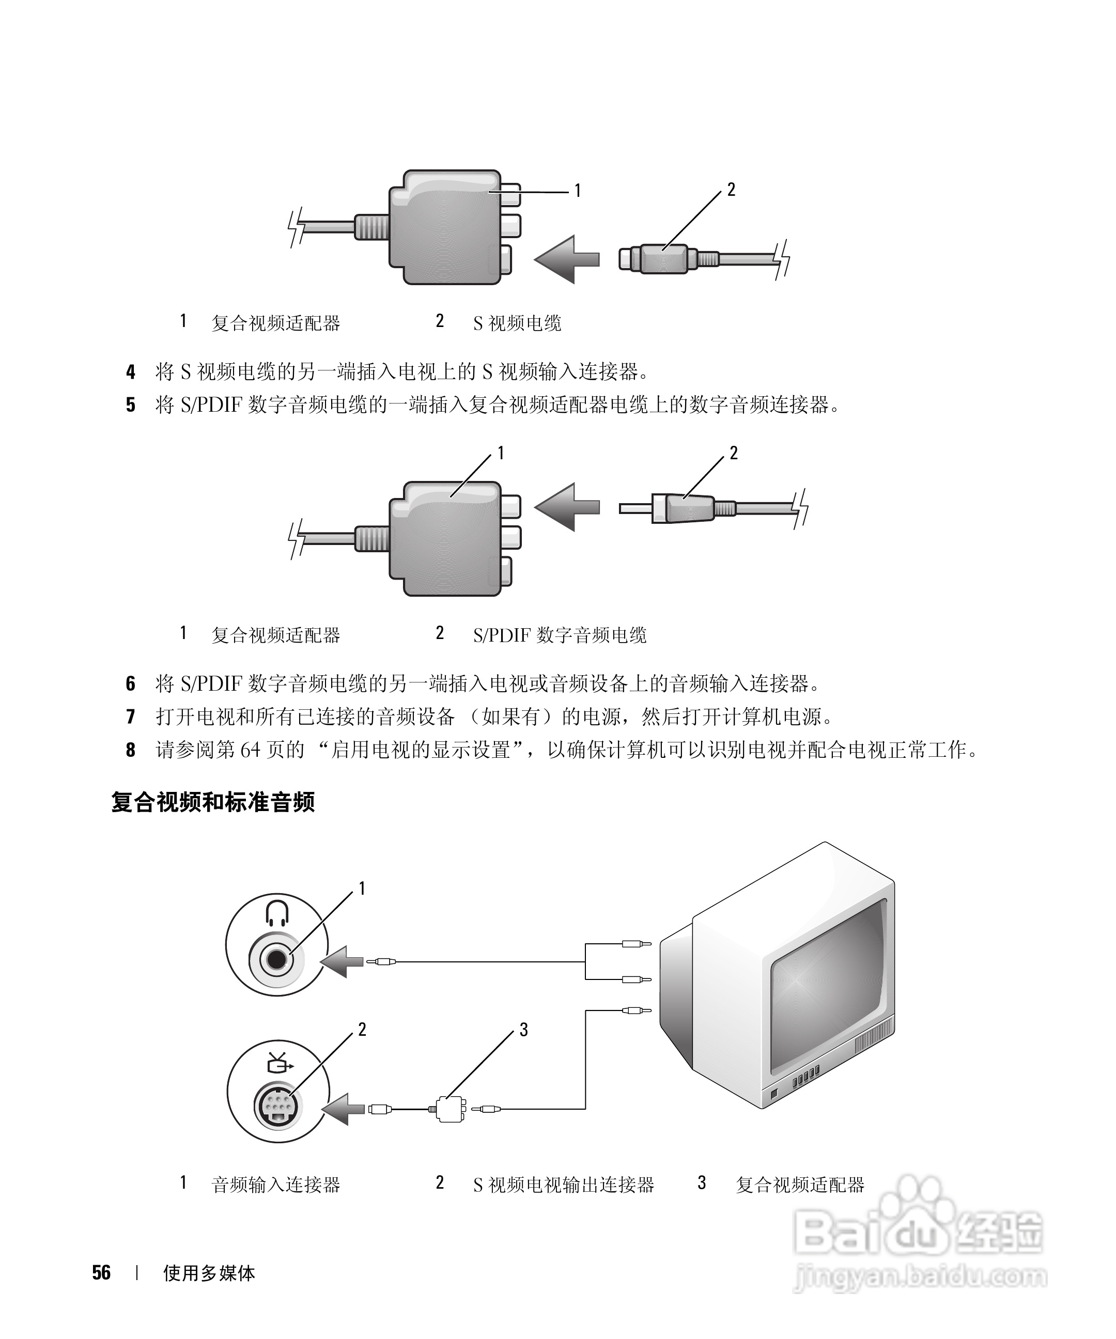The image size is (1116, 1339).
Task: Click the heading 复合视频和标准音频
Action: [x=213, y=802]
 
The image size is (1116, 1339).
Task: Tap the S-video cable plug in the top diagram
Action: [x=657, y=259]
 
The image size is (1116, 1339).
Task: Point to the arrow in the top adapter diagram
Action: [x=566, y=259]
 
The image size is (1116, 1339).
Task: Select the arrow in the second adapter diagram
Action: [x=566, y=507]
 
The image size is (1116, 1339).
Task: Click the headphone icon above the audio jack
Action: [x=277, y=912]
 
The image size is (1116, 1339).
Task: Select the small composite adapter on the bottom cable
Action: [x=450, y=1110]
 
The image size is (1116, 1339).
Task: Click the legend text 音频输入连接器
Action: [x=275, y=1185]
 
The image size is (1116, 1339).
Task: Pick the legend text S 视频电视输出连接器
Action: [x=563, y=1185]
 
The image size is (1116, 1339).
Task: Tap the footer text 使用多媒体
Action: [x=209, y=1273]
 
